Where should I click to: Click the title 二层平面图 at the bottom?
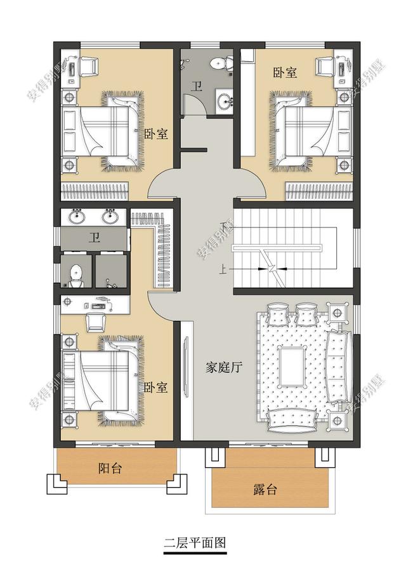tap(194, 543)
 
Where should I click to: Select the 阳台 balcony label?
tap(110, 468)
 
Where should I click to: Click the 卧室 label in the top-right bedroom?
tap(285, 72)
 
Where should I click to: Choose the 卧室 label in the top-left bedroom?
tap(155, 134)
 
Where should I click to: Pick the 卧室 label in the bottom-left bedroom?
tap(155, 387)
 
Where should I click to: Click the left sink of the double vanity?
tap(77, 217)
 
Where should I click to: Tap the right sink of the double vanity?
tap(110, 217)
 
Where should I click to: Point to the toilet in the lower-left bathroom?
tap(76, 273)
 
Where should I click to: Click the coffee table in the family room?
tap(293, 365)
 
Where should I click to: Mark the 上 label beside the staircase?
tap(223, 269)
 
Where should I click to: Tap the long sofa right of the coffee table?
tap(340, 367)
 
